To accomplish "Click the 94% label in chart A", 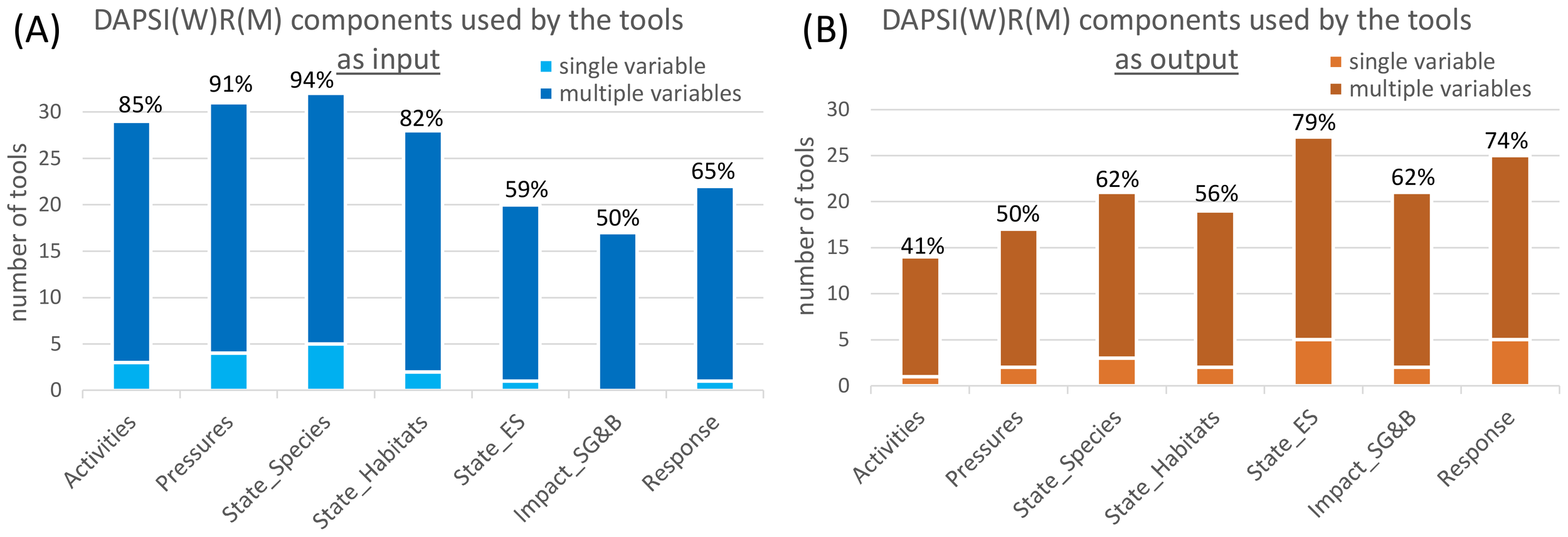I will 312,80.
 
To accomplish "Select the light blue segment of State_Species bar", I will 326,367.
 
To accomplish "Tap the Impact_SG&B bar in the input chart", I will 617,311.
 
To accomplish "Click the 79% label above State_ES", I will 1313,122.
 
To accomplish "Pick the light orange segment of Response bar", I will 1510,363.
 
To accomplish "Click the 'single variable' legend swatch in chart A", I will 546,66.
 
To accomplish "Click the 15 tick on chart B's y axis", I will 838,248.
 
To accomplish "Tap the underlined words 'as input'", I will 388,60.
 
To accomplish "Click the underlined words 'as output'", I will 1176,60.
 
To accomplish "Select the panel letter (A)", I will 36,29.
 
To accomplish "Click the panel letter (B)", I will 825,29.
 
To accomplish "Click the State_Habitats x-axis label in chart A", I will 370,471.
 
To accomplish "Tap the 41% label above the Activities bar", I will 922,246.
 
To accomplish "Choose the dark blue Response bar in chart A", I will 714,282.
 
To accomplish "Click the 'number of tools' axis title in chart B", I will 805,226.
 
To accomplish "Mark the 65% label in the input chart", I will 712,171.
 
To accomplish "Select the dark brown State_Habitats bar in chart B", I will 1215,289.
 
